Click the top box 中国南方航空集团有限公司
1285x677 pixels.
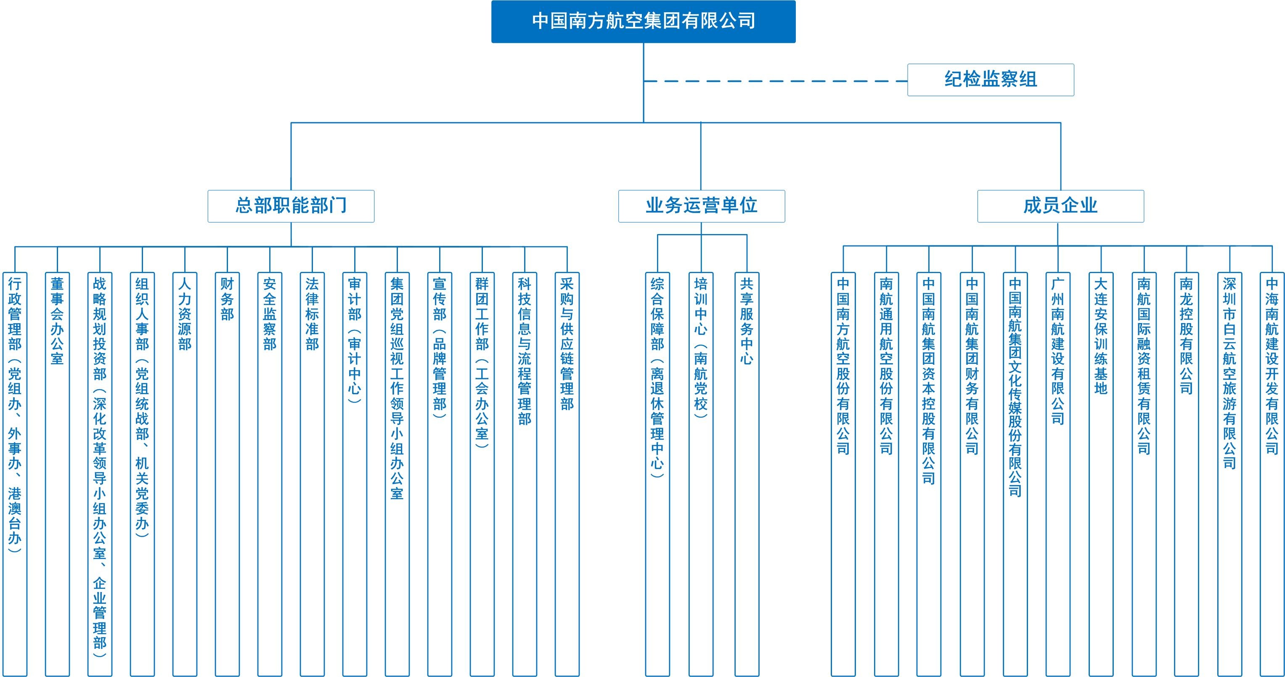(643, 21)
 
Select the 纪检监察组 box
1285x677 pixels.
(990, 80)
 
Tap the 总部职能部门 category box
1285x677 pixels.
(291, 206)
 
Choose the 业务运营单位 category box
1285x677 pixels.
(701, 206)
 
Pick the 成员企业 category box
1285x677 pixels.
(1060, 206)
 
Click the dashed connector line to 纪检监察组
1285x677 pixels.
(775, 81)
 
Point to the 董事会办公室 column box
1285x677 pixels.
(57, 474)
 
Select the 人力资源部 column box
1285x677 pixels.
(185, 474)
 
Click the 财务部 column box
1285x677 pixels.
(228, 474)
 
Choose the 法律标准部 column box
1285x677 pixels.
(312, 474)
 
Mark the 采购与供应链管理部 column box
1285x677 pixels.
(567, 474)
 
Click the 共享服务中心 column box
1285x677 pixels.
(747, 474)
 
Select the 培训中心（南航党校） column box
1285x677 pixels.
(701, 474)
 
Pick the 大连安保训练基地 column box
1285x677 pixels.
(1101, 474)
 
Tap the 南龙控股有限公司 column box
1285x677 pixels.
(1186, 474)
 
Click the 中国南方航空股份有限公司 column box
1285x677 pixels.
(843, 474)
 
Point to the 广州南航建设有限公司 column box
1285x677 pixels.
(1058, 474)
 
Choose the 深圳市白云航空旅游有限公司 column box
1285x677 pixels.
(1229, 474)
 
